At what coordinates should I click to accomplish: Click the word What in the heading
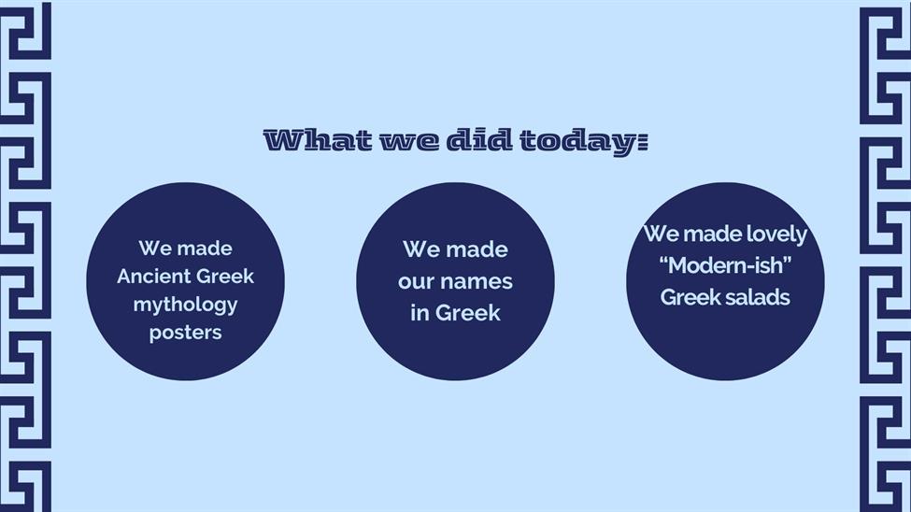pos(318,141)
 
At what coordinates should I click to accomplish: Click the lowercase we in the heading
pos(409,142)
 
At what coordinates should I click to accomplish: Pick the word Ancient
pos(152,276)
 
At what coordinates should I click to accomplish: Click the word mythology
pos(185,306)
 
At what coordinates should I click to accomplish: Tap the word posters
pos(185,333)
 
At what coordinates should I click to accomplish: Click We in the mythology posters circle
pos(153,249)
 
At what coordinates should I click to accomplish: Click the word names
pos(476,282)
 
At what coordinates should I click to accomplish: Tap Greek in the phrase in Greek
pos(467,313)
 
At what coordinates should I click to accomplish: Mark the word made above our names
pos(477,249)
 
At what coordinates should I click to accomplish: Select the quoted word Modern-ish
pos(726,265)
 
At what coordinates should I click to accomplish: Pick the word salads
pos(762,297)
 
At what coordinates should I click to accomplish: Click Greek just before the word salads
pos(692,297)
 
